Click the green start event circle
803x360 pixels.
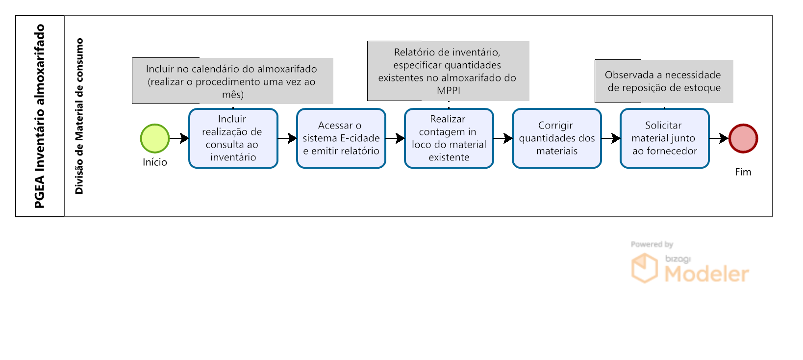155,138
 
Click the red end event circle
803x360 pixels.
743,138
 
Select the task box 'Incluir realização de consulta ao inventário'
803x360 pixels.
233,138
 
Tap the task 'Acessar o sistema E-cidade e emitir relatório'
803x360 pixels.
341,138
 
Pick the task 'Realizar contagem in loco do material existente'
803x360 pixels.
449,138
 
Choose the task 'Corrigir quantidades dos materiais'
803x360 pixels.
557,138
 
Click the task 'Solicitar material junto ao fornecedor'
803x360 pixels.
665,138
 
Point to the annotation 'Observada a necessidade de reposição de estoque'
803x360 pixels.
664,81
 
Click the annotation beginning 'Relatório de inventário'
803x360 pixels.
448,71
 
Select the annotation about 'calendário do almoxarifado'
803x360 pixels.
233,81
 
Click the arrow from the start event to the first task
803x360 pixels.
179,138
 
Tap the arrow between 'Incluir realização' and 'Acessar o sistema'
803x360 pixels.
287,138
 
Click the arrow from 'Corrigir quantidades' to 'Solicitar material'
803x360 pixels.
611,138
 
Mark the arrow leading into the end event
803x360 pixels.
719,138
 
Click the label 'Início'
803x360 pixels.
155,162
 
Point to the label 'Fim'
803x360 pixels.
743,172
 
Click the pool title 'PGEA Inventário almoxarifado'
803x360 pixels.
40,116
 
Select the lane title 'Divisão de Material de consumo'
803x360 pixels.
79,116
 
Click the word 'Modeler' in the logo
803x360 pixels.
706,274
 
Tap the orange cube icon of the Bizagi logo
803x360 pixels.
645,268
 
